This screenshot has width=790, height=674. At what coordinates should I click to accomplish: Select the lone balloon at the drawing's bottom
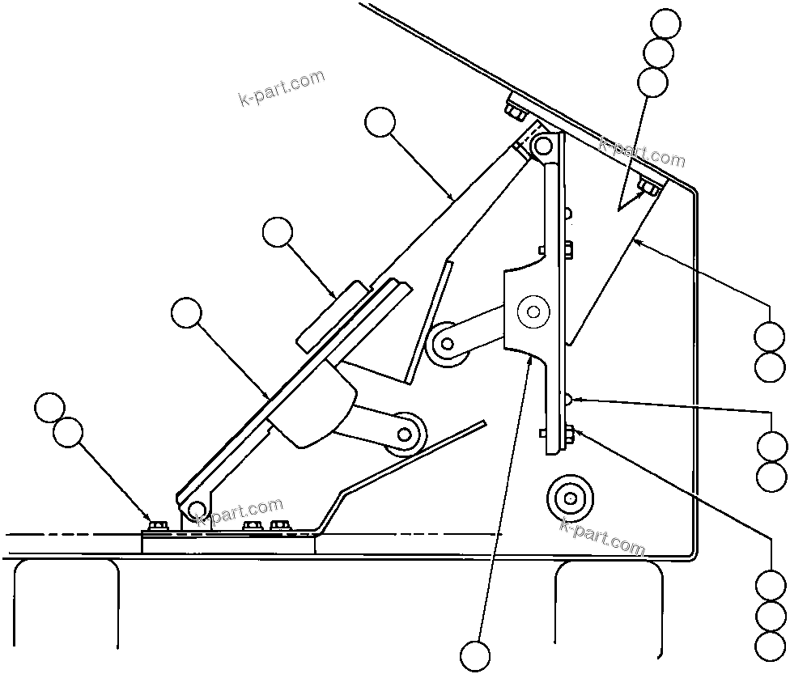(x=475, y=655)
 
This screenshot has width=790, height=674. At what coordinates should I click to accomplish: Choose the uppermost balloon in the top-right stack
(x=666, y=23)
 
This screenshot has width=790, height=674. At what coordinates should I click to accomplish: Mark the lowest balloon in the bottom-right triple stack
(x=770, y=645)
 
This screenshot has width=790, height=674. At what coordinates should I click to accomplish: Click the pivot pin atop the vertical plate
(x=542, y=146)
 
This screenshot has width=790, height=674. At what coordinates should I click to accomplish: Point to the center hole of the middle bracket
(x=533, y=310)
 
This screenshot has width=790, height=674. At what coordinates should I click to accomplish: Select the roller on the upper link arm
(x=445, y=343)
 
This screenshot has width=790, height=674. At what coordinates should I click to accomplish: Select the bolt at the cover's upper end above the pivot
(x=516, y=107)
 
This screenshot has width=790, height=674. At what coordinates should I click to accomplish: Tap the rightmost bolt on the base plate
(x=280, y=527)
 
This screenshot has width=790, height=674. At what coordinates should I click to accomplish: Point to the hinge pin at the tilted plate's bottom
(x=195, y=509)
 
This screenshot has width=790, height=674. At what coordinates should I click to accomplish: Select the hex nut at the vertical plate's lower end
(x=568, y=434)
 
